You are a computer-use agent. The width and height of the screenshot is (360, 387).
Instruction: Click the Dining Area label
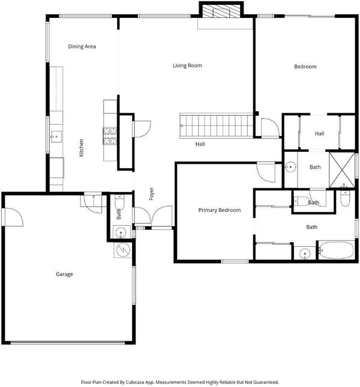pyautogui.click(x=82, y=46)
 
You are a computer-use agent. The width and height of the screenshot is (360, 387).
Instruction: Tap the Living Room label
pyautogui.click(x=187, y=65)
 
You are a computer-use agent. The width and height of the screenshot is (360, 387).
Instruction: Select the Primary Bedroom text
pyautogui.click(x=220, y=210)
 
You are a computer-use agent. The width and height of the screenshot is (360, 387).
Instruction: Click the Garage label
pyautogui.click(x=64, y=274)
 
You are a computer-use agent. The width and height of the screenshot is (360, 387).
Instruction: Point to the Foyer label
pyautogui.click(x=152, y=194)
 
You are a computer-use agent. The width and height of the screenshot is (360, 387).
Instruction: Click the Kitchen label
pyautogui.click(x=81, y=148)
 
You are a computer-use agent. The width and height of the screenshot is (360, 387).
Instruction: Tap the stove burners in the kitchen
pyautogui.click(x=110, y=136)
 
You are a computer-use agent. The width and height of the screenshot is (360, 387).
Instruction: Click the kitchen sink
pyautogui.click(x=56, y=136)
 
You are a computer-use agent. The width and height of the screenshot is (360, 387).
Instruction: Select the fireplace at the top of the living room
pyautogui.click(x=221, y=11)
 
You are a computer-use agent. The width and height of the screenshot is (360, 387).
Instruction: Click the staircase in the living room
pyautogui.click(x=217, y=125)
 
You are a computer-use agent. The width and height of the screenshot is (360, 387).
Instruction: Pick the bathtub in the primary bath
pyautogui.click(x=337, y=250)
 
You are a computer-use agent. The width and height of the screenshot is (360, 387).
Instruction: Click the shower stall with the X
pyautogui.click(x=342, y=170)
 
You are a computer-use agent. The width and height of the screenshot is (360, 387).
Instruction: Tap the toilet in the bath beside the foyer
pyautogui.click(x=119, y=201)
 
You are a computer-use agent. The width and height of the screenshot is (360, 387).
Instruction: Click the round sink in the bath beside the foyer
pyautogui.click(x=121, y=232)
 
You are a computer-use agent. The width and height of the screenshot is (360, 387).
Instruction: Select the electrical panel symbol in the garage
pyautogui.click(x=123, y=250)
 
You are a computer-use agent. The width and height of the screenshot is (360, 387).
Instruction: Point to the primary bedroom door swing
pyautogui.click(x=266, y=172)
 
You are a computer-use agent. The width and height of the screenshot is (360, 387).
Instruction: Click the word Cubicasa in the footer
pyautogui.click(x=135, y=382)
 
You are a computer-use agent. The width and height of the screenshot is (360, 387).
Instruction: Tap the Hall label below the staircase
pyautogui.click(x=200, y=144)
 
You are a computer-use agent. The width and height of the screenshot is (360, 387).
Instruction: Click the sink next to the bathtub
pyautogui.click(x=305, y=253)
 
